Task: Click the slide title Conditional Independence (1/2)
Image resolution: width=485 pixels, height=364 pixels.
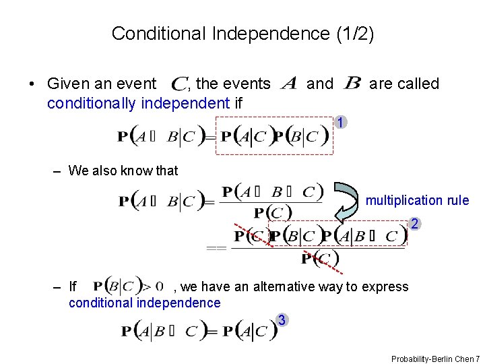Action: (x=243, y=33)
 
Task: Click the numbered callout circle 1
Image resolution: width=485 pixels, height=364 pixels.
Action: (x=342, y=123)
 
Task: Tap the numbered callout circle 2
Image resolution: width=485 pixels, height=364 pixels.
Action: (x=416, y=224)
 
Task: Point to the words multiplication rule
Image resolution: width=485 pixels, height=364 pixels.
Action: (x=417, y=200)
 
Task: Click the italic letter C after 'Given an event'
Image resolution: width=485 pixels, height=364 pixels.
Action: (x=179, y=85)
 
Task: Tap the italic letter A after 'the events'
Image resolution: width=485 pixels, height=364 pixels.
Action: (x=288, y=84)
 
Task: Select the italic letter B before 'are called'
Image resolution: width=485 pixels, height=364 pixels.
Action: (x=352, y=84)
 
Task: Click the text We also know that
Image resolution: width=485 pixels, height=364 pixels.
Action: (x=123, y=171)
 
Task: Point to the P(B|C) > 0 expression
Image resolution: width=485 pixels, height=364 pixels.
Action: (x=127, y=286)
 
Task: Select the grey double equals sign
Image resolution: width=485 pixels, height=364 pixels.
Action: (x=216, y=248)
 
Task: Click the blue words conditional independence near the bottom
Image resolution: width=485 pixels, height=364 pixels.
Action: (x=144, y=303)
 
